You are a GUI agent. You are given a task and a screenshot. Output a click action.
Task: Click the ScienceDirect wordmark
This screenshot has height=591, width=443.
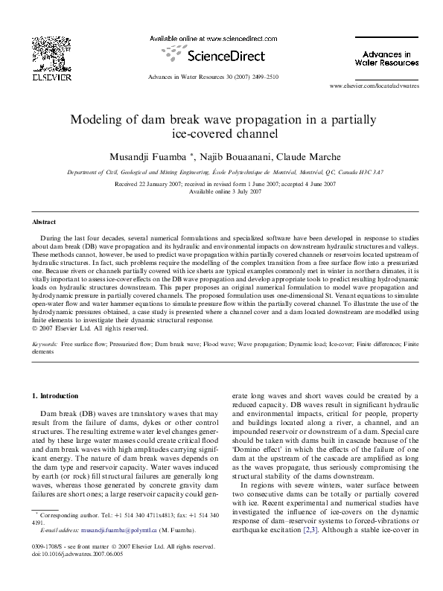click(x=223, y=55)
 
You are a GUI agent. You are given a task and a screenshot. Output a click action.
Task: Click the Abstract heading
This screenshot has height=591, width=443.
click(x=44, y=223)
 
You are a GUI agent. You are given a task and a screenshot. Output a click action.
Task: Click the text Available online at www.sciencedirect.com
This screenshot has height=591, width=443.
click(x=213, y=38)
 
